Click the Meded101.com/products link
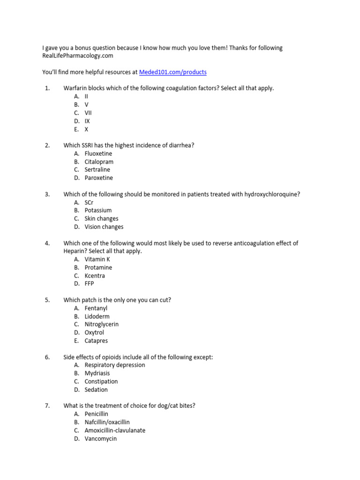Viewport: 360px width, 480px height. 172,72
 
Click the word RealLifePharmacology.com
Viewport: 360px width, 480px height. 78,56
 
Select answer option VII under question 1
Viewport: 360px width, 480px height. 88,113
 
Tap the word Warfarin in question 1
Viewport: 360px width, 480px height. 75,88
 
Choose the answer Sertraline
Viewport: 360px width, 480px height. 97,170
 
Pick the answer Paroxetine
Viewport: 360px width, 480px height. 98,178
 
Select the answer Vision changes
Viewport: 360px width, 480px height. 104,227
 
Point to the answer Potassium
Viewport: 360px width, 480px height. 98,210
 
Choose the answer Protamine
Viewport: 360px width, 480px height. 98,268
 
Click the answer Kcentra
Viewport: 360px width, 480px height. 95,276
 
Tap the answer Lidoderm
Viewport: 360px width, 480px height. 97,316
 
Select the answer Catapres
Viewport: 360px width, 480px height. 96,341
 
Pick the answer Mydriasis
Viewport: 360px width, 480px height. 97,373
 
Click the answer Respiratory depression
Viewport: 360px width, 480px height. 115,365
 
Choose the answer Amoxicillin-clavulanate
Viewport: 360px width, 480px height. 115,430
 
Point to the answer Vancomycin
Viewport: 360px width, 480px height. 101,439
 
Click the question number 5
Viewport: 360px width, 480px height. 47,300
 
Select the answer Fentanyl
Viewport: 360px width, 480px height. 96,308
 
